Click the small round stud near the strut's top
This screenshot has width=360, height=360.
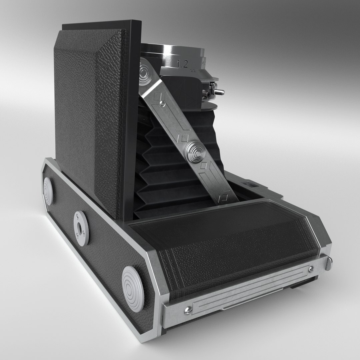[x=161, y=105]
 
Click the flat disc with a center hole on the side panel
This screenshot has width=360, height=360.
[x=81, y=227]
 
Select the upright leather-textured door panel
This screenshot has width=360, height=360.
[x=88, y=120]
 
